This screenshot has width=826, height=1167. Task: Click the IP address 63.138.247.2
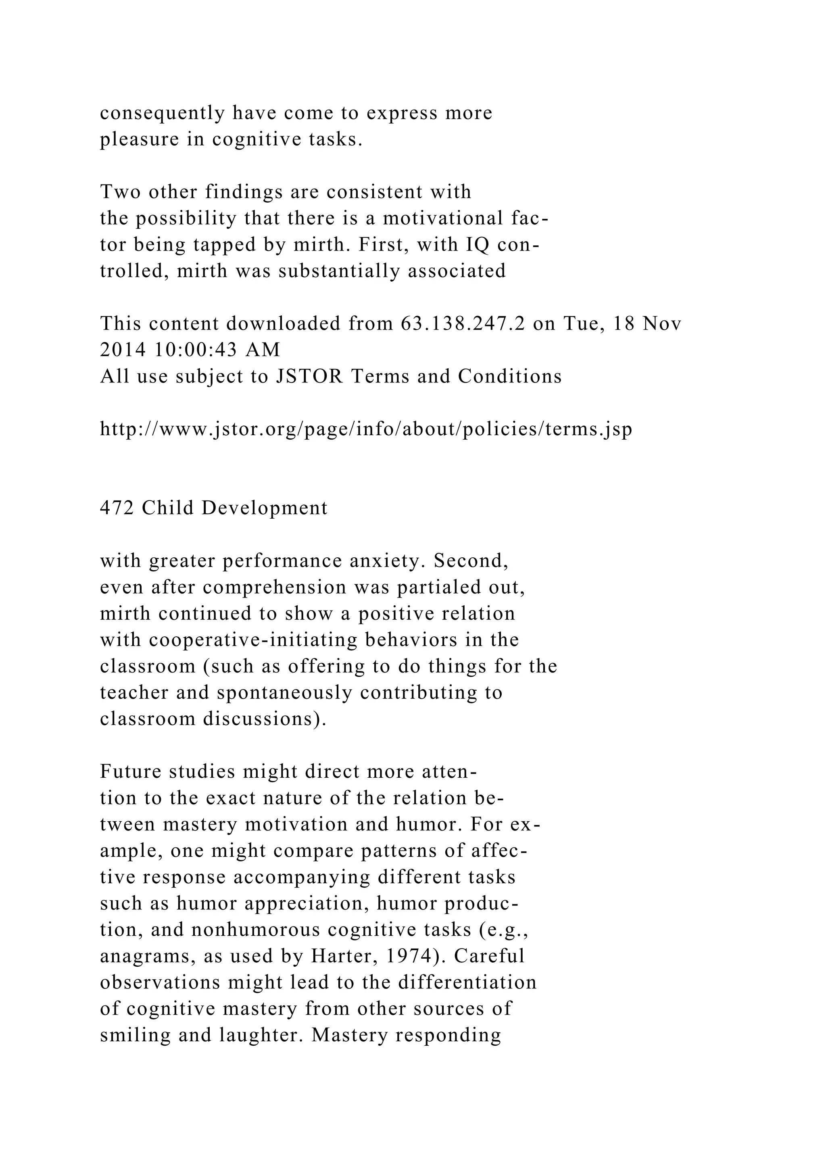[463, 324]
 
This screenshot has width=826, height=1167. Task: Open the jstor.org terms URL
[366, 430]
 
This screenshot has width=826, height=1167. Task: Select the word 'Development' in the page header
[265, 508]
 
